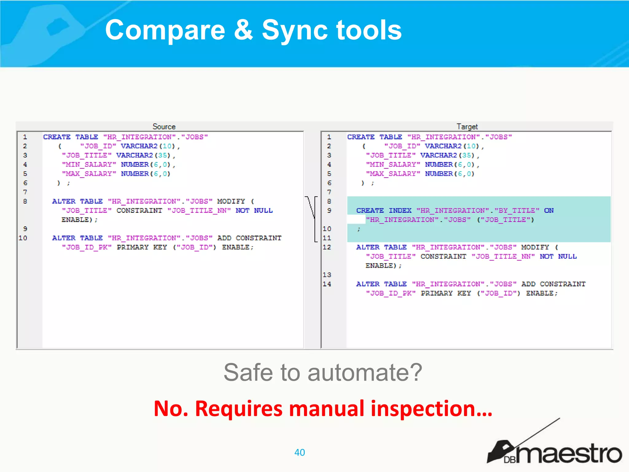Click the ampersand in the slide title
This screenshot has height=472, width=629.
tap(243, 30)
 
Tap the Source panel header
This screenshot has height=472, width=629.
tap(164, 127)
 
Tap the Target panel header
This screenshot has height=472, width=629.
tap(467, 127)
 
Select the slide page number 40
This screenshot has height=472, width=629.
tap(299, 452)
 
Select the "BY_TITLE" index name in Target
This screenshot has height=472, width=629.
tap(517, 210)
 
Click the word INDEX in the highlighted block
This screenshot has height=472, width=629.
tap(400, 210)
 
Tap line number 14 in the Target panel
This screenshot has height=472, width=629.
tap(327, 284)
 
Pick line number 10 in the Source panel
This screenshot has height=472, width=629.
tap(23, 238)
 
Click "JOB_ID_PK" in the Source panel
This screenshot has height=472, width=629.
tap(86, 247)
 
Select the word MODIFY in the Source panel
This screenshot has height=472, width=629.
tap(231, 201)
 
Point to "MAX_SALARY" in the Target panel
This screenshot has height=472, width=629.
tap(393, 174)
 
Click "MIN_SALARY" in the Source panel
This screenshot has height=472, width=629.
tap(89, 165)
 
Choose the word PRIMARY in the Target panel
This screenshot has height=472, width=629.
tap(436, 293)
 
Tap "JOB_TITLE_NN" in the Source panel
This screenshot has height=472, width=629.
tap(199, 210)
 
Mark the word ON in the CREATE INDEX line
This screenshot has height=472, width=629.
tap(549, 210)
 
